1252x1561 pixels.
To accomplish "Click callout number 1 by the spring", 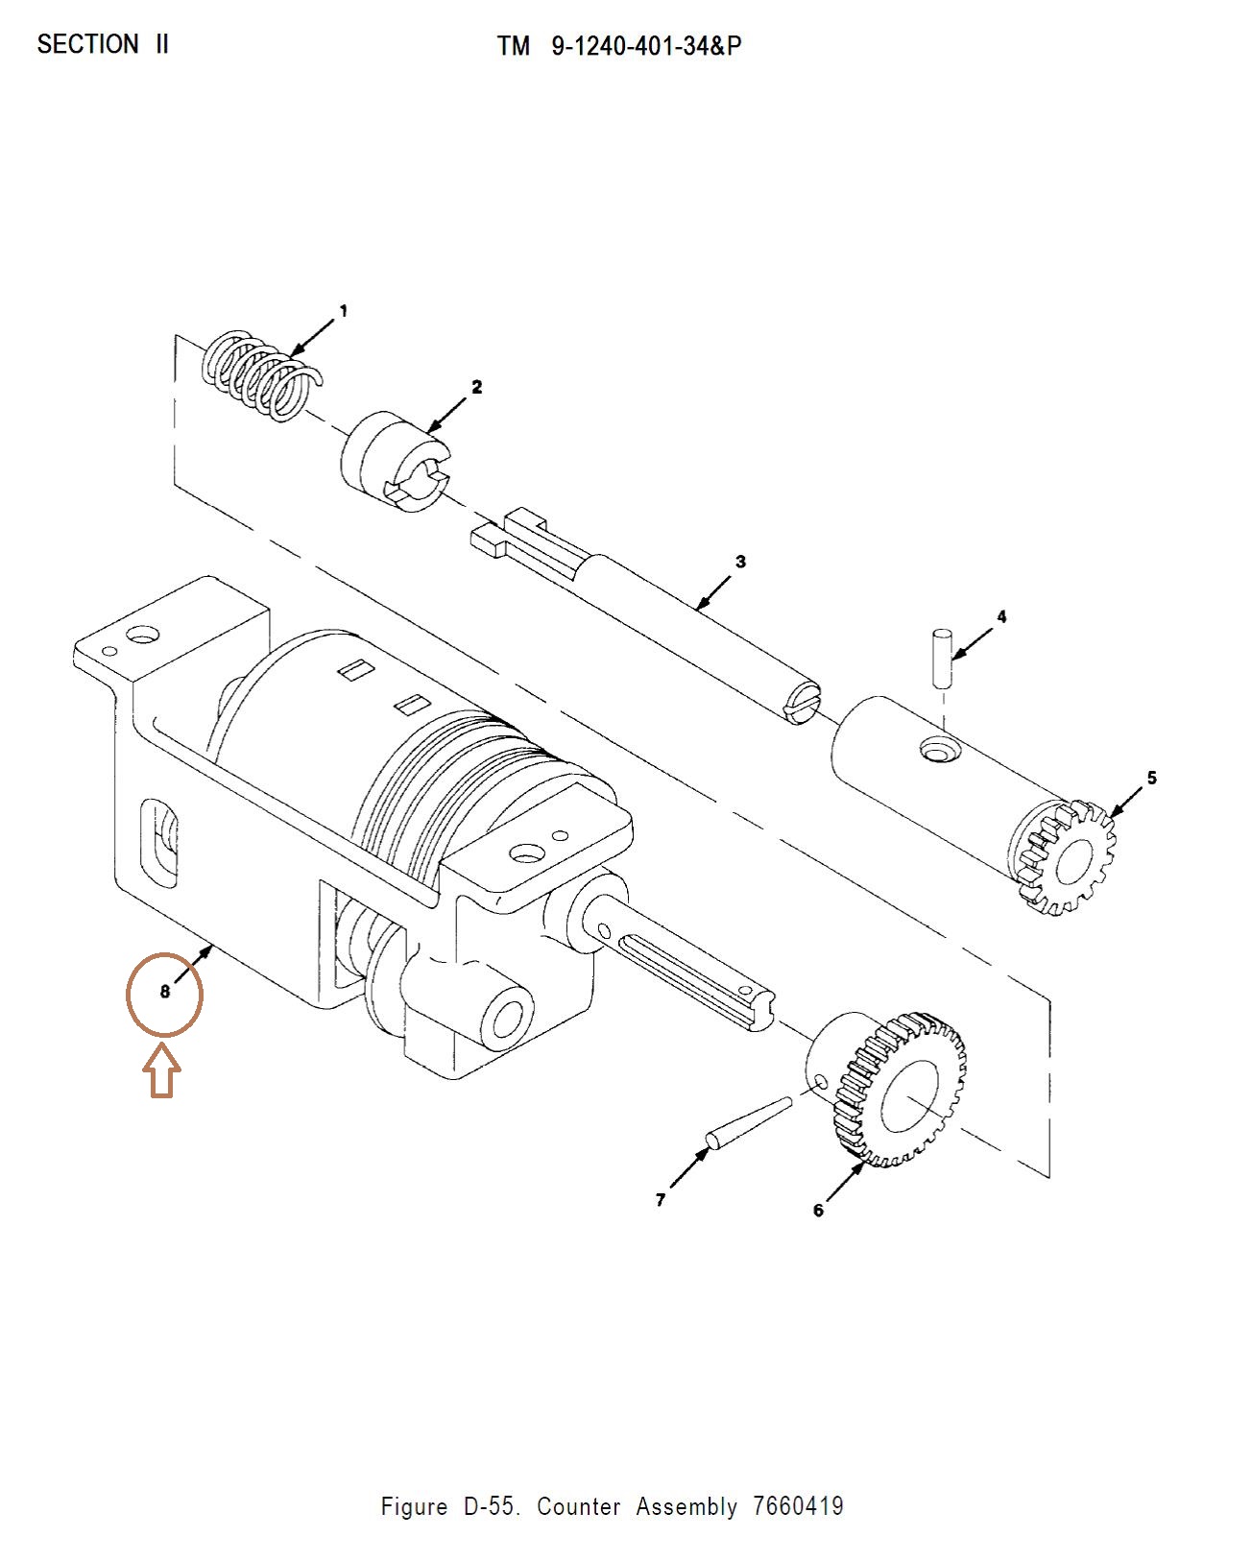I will (x=344, y=311).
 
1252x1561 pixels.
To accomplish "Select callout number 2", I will (x=476, y=387).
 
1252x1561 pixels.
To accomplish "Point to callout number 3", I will (x=740, y=562).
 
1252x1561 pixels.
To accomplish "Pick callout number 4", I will (x=1001, y=616).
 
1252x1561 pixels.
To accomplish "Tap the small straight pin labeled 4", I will (x=942, y=657).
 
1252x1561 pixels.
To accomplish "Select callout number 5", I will (x=1152, y=778).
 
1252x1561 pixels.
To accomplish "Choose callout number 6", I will (x=818, y=1211).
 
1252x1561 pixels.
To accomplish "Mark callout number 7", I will (x=661, y=1200).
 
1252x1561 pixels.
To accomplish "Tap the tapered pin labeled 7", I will (x=748, y=1122).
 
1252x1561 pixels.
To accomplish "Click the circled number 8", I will (x=164, y=993).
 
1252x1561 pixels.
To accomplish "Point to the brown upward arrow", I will (x=162, y=1072).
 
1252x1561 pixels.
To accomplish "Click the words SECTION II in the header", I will (x=103, y=45).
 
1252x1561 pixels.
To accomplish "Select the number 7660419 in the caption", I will (x=798, y=1506).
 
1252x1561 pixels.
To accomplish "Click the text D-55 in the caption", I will (x=493, y=1506).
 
